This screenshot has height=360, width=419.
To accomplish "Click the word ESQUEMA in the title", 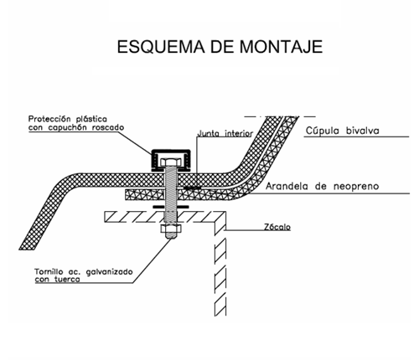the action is (x=161, y=47).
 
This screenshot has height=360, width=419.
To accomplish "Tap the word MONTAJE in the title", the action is (x=281, y=47).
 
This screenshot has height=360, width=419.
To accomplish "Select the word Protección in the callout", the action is (x=49, y=119).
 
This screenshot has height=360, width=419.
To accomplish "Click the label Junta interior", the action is (x=225, y=133).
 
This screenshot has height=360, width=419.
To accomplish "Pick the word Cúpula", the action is (x=323, y=131).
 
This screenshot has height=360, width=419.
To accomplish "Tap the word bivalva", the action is (x=363, y=131).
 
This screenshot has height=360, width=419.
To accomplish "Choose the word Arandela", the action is (x=287, y=186).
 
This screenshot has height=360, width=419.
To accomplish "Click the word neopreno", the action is (x=356, y=187).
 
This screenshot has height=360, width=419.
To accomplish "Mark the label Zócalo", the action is (x=277, y=227).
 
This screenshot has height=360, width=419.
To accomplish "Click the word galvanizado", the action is (x=109, y=272).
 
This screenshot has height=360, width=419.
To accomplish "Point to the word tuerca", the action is (x=67, y=280).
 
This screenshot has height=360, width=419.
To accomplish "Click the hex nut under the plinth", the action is (x=171, y=229).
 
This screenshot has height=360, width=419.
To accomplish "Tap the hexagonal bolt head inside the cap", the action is (x=171, y=162).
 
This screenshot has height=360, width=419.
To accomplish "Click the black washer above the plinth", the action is (x=171, y=207).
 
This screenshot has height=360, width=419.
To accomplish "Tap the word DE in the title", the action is (x=222, y=47).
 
